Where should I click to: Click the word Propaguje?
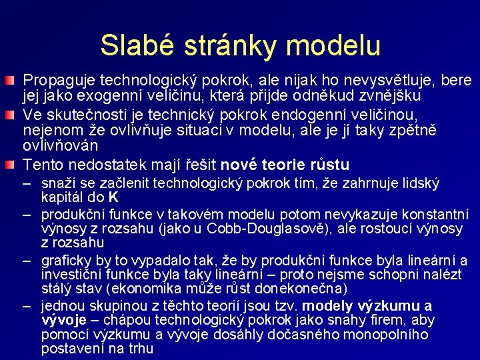[55, 81]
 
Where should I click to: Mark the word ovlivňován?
[61, 145]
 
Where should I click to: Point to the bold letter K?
[113, 197]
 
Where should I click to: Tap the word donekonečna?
[303, 289]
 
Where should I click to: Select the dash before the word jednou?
[28, 306]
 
